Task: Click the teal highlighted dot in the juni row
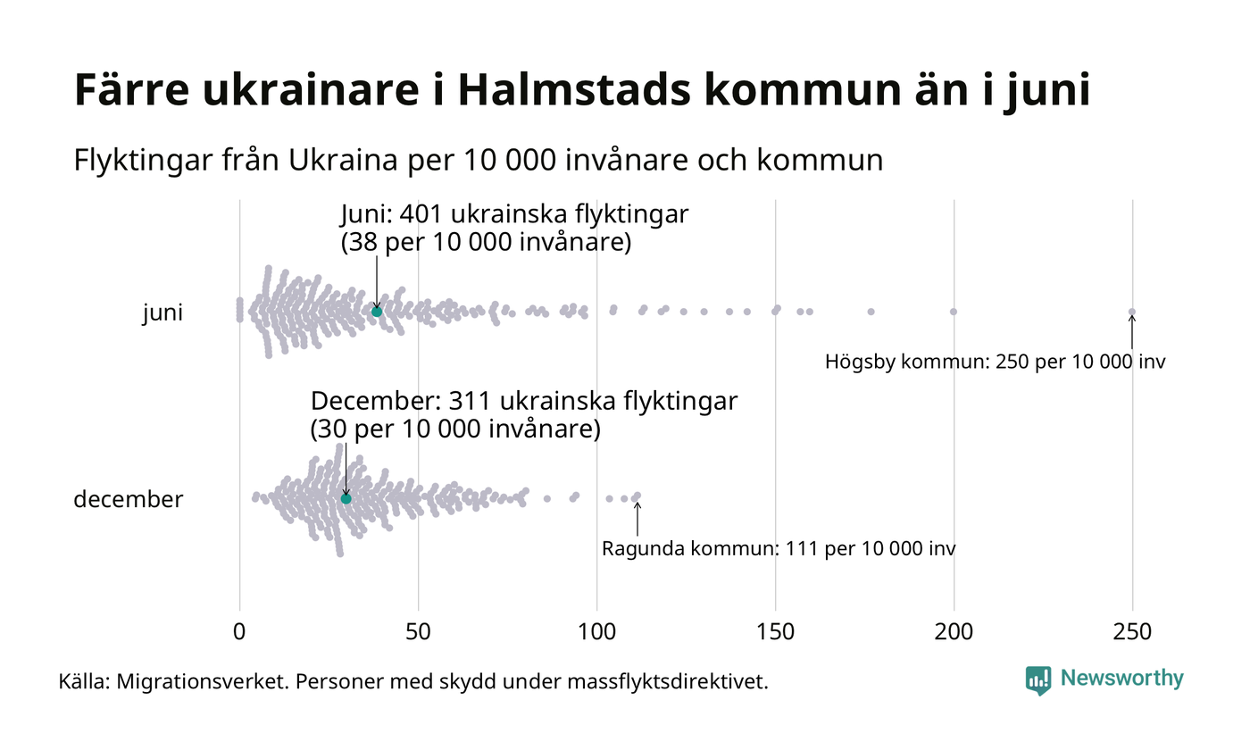point(377,311)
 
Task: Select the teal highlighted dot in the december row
point(346,498)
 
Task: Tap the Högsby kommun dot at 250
point(1132,312)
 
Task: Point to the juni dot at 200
point(954,312)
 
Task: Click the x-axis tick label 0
point(239,631)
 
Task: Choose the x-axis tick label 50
point(418,631)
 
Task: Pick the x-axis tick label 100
point(596,631)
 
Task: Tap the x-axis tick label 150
point(775,631)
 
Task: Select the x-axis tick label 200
point(954,631)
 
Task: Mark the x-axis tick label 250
point(1132,631)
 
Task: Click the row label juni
point(162,313)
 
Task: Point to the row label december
point(128,499)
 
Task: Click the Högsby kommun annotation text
point(995,362)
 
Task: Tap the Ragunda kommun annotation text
point(779,548)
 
